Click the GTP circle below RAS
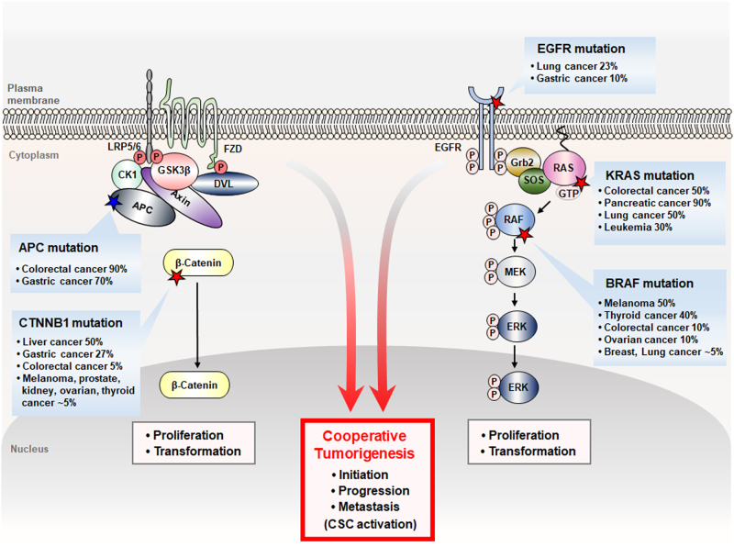click(x=570, y=193)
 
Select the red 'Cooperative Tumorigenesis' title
click(x=368, y=443)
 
